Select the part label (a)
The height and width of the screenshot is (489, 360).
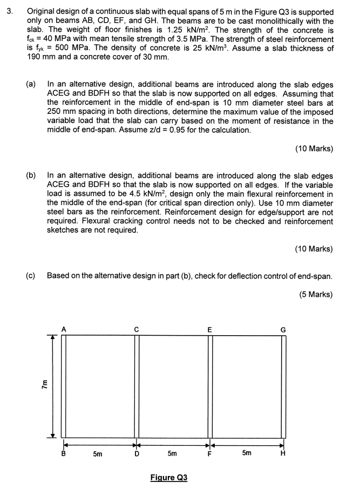(31, 85)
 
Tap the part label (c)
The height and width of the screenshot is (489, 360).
(31, 276)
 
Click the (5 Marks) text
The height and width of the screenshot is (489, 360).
(315, 294)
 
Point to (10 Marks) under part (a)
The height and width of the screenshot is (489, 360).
(314, 148)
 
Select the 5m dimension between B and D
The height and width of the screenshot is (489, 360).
(97, 454)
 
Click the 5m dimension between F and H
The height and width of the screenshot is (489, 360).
(246, 454)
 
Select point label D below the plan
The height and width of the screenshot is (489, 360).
(137, 454)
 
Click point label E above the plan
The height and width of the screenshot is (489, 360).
(210, 329)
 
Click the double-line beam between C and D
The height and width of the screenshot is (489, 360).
(137, 386)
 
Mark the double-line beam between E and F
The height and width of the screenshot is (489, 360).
(210, 386)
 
